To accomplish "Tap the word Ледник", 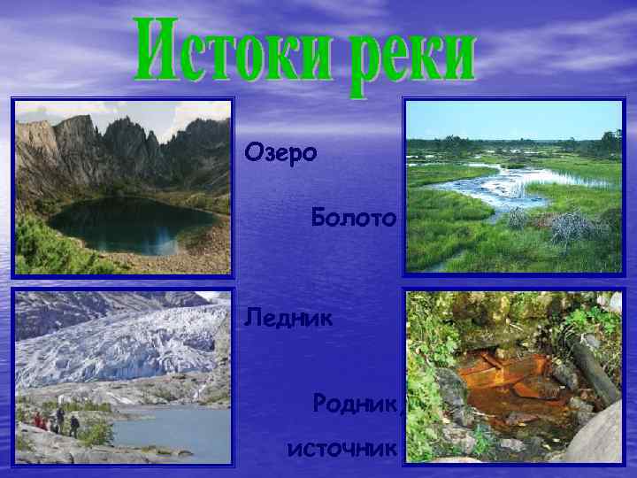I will [289, 316].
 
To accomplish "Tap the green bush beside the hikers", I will [96, 433].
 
